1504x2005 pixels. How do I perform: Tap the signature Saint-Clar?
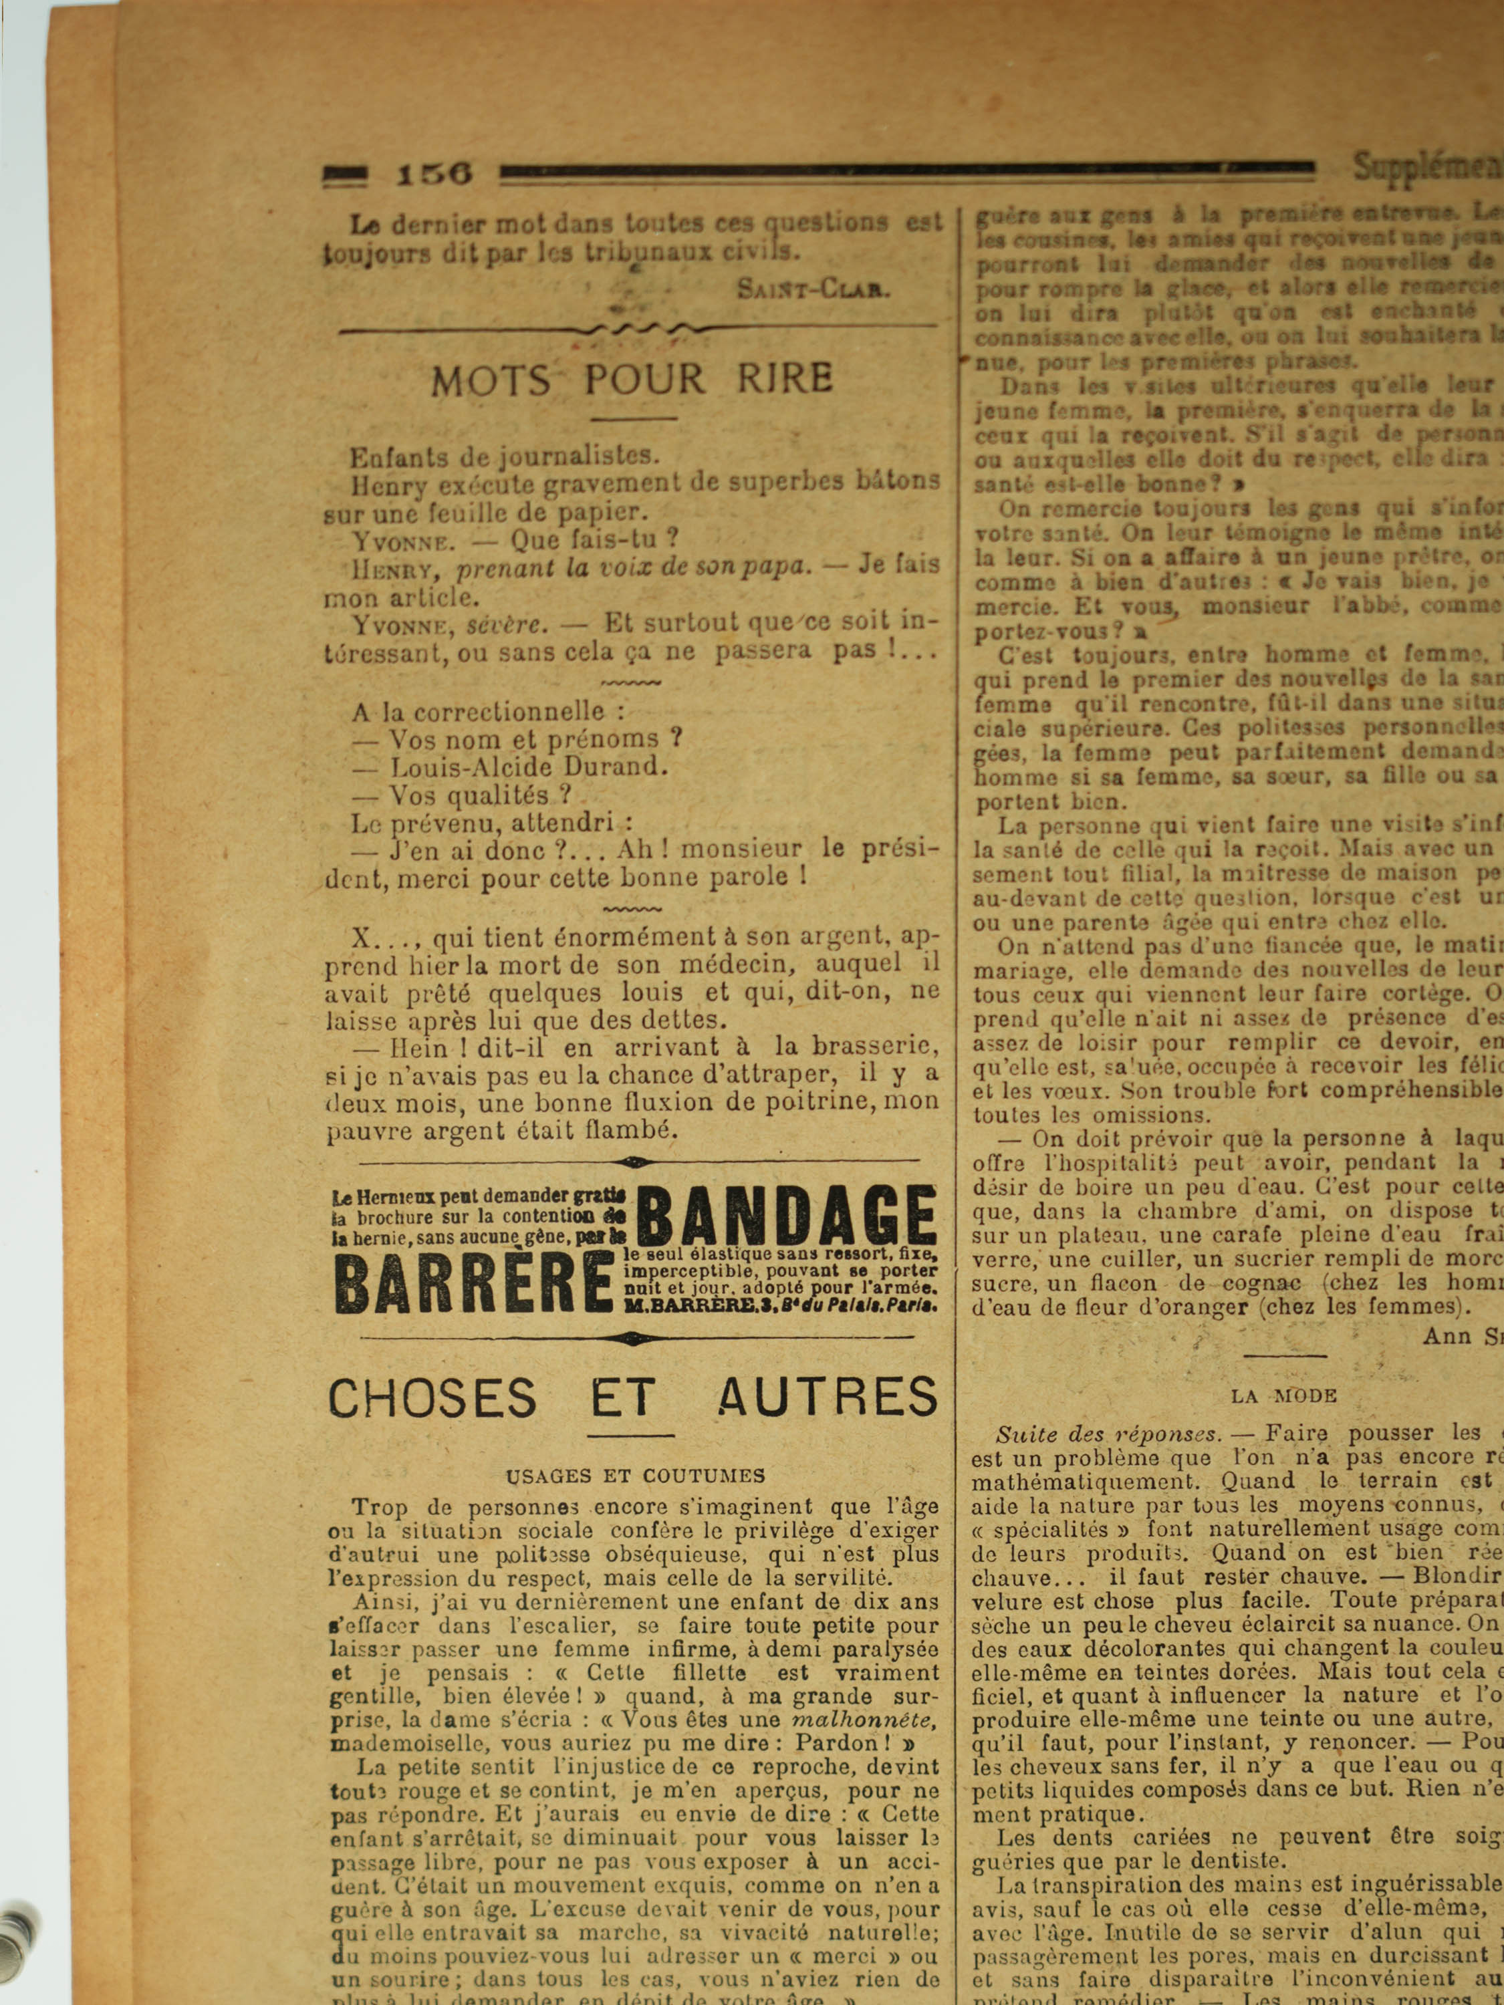click(x=813, y=289)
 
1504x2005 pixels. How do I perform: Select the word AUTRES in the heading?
click(x=827, y=1397)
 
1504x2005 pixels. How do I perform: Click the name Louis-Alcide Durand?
click(x=529, y=767)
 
